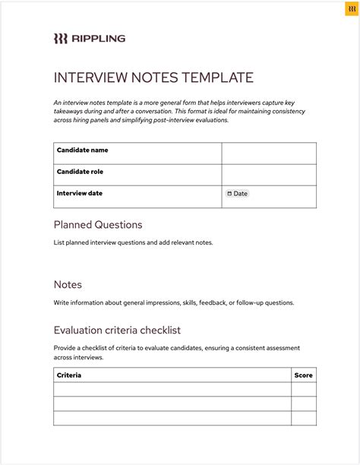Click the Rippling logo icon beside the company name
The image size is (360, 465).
(x=60, y=38)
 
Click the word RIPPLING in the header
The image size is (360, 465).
(x=98, y=38)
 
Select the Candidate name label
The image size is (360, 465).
(x=82, y=150)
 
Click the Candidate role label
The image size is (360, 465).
(x=80, y=172)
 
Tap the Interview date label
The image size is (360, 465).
(x=79, y=193)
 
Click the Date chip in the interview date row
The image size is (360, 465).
(x=238, y=194)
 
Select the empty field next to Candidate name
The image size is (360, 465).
(x=269, y=153)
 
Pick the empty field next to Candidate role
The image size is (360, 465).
(x=269, y=175)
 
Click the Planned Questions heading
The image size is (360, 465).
(x=98, y=225)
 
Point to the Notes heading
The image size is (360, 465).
(x=68, y=284)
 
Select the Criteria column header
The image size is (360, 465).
(x=69, y=375)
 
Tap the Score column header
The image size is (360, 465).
(x=303, y=375)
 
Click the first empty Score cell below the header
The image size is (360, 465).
(x=304, y=389)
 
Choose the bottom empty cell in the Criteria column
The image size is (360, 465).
(x=172, y=418)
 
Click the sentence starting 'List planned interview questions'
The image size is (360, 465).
(x=133, y=243)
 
